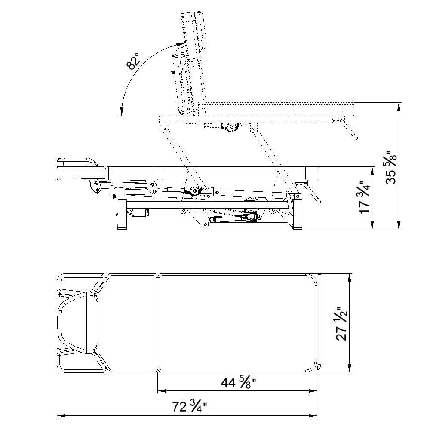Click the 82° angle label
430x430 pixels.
coord(133,61)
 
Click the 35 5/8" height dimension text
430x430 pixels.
coord(391,167)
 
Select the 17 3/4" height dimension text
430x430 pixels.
coord(365,197)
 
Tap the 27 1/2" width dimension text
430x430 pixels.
coord(342,323)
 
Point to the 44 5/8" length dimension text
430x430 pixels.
coord(238,383)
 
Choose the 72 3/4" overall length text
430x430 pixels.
coord(189,407)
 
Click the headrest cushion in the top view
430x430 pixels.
coord(77,322)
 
